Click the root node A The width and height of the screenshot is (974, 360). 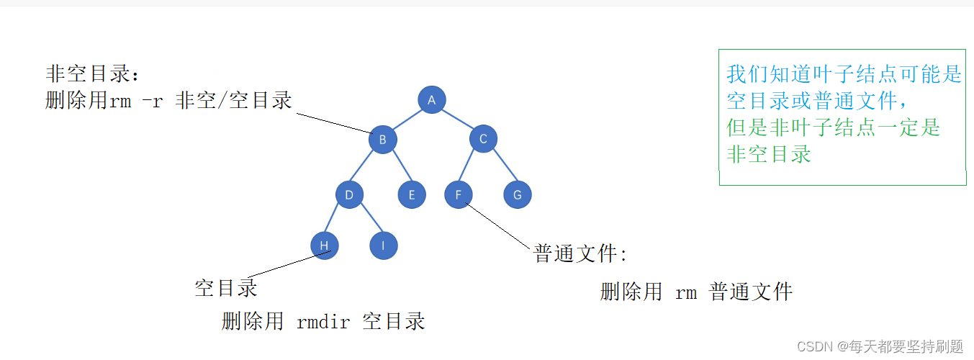tap(432, 100)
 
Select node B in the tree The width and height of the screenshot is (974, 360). tap(383, 140)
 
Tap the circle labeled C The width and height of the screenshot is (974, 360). tap(483, 139)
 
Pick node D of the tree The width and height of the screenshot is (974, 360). tap(349, 194)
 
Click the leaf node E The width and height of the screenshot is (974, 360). tap(412, 194)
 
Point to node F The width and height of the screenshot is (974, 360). tap(459, 194)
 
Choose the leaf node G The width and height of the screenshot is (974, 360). tap(517, 194)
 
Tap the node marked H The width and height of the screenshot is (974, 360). tap(325, 246)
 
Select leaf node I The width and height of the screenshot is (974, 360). tap(384, 246)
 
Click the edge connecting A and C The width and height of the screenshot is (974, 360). tap(458, 120)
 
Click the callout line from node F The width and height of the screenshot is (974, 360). tap(500, 225)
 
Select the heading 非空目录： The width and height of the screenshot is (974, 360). tap(94, 74)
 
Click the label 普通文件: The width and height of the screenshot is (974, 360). tap(580, 254)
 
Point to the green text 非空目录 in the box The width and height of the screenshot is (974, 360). tap(769, 153)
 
